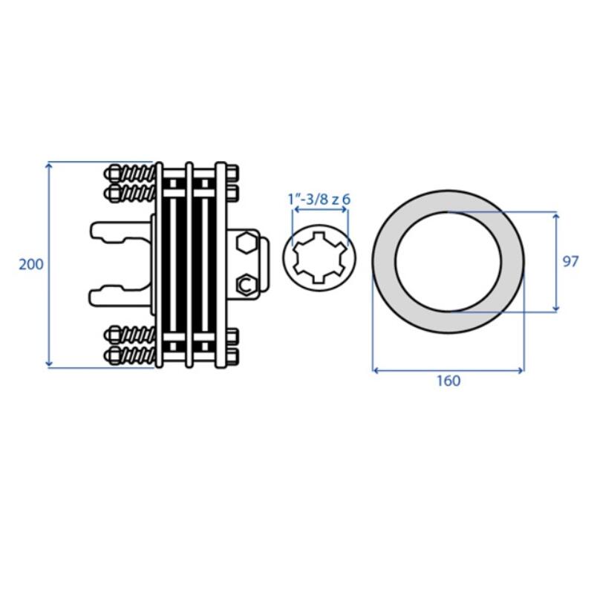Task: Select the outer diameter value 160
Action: point(448,381)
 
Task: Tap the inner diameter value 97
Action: point(570,261)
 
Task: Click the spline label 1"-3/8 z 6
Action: point(319,199)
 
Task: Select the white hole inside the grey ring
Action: point(448,261)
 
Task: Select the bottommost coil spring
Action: point(138,355)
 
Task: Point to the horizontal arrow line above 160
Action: point(448,369)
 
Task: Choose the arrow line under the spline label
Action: point(321,210)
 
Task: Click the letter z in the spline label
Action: point(335,199)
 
